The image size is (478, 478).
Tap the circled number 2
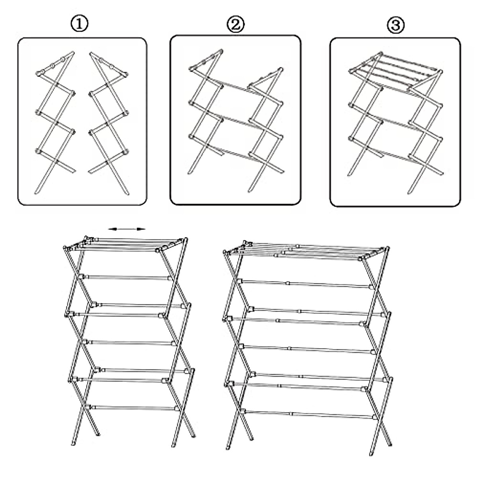point(235,25)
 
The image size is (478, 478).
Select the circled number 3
point(396,25)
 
